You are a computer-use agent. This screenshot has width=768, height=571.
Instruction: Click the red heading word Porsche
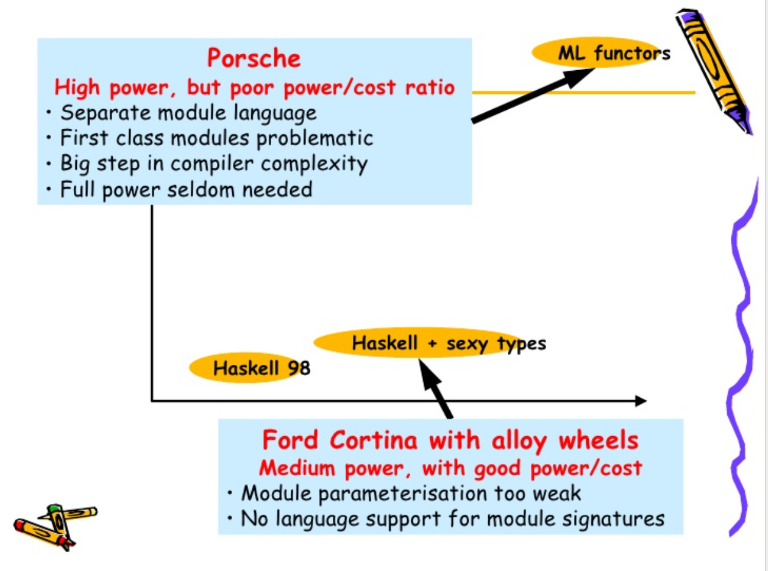point(254,59)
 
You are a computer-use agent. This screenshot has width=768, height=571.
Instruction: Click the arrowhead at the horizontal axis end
point(640,401)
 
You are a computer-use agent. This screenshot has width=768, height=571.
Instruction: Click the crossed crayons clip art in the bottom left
point(55,525)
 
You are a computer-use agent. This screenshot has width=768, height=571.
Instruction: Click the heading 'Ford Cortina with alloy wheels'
point(450,440)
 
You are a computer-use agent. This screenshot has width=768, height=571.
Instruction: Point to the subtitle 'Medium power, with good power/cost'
point(450,468)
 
